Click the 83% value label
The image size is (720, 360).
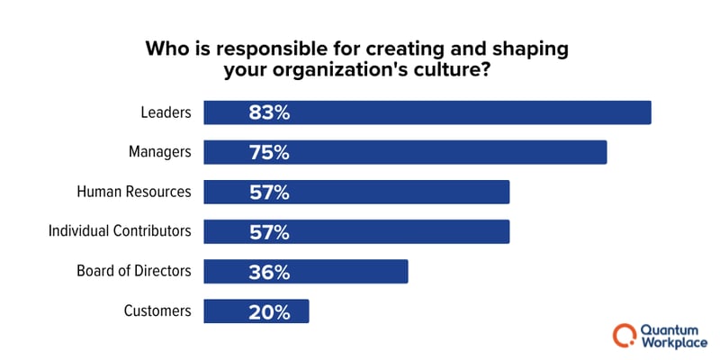coord(269,112)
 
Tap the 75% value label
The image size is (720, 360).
coord(269,152)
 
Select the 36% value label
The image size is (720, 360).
coord(269,271)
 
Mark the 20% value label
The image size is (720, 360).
coord(269,310)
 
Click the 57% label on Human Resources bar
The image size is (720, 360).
coord(269,192)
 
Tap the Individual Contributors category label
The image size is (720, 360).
coord(119,231)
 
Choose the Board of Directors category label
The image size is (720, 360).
coord(136,271)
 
